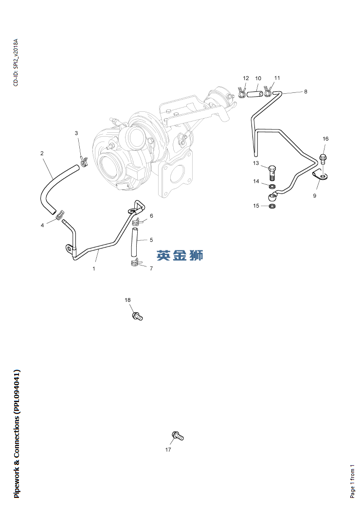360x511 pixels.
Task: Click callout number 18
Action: (127, 300)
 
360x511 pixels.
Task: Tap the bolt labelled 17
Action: (178, 435)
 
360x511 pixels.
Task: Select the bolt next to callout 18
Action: (137, 316)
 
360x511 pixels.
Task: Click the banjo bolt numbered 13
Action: (272, 173)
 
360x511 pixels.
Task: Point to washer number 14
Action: (272, 187)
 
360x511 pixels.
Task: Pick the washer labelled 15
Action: (272, 206)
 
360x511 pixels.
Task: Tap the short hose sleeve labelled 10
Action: (254, 94)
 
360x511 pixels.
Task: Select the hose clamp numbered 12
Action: (242, 92)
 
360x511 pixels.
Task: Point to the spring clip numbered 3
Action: (84, 161)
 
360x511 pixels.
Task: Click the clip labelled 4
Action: (60, 215)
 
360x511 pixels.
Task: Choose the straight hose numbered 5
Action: (134, 243)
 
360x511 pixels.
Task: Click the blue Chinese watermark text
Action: (180, 255)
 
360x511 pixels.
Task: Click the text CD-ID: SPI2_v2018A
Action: (16, 63)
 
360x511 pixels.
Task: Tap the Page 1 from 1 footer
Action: (352, 481)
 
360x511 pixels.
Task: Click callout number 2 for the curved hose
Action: (42, 153)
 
